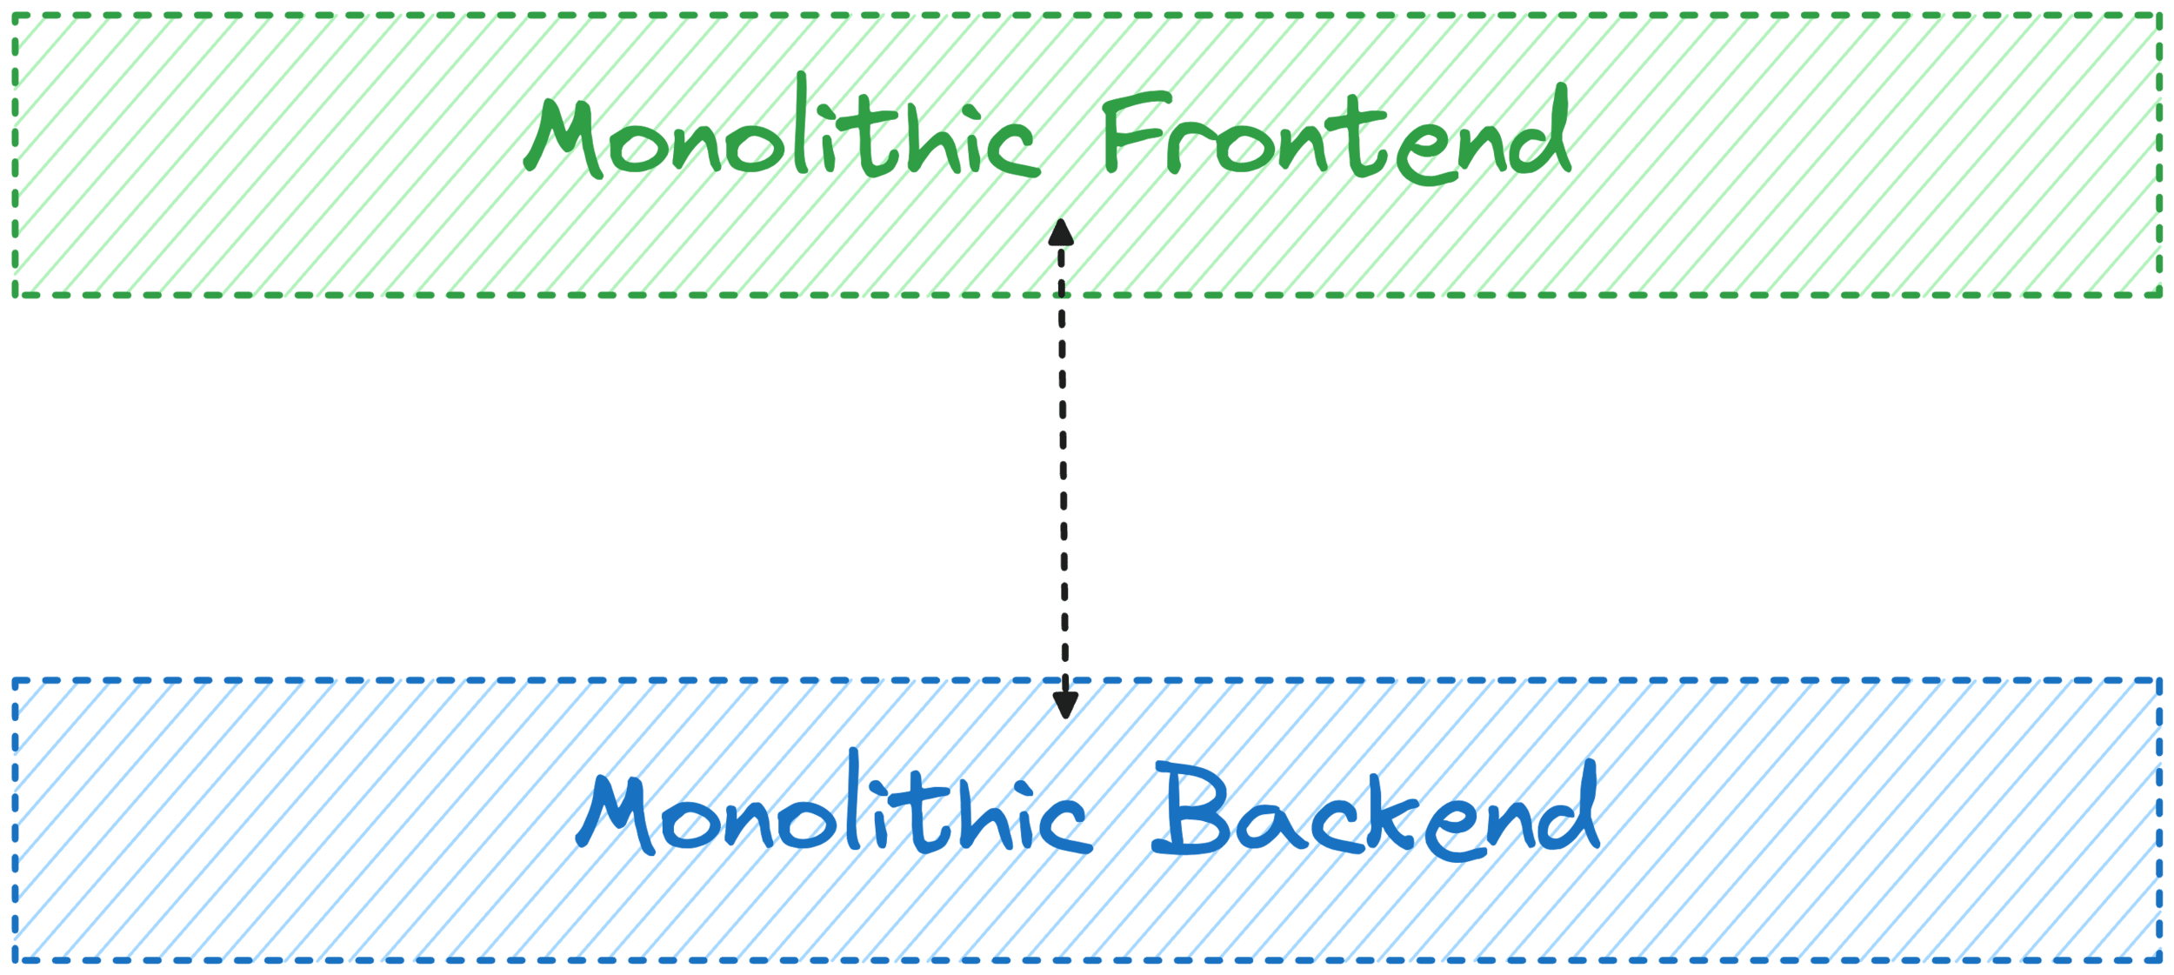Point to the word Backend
[x=1374, y=813]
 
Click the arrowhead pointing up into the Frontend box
[x=1060, y=233]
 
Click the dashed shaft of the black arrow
[x=1063, y=470]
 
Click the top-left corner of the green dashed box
[x=14, y=16]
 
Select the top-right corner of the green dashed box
[x=2160, y=16]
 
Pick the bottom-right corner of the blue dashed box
[x=2160, y=960]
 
